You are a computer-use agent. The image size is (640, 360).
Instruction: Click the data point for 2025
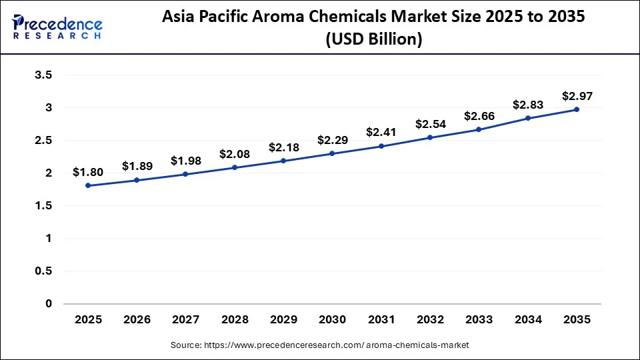(88, 185)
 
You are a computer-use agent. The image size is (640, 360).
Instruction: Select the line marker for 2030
(332, 153)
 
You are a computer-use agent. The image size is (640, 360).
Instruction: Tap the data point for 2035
(577, 109)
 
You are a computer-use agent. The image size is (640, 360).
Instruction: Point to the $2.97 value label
(577, 96)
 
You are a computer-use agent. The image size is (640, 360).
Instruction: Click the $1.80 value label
(88, 173)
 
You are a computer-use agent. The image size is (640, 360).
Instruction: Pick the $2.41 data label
(381, 132)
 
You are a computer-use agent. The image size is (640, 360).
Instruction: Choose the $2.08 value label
(235, 154)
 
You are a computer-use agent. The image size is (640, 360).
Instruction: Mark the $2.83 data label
(528, 105)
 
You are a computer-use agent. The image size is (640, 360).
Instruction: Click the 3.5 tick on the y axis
(43, 75)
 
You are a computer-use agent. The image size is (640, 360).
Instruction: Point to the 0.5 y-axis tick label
(43, 271)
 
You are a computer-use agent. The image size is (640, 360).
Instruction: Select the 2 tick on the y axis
(48, 173)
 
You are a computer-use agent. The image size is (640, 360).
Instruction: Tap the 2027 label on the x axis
(186, 320)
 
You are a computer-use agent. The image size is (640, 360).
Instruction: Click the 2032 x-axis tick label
(430, 320)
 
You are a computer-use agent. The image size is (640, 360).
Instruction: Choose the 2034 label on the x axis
(528, 320)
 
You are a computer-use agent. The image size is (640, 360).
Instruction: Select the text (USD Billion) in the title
(374, 40)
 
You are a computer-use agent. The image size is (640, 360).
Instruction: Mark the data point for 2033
(479, 129)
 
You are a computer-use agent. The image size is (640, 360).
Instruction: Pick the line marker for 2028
(235, 167)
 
